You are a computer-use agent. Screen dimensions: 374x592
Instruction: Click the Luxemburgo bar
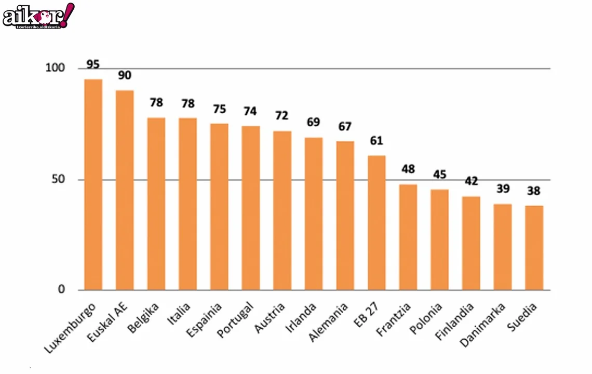tap(93, 184)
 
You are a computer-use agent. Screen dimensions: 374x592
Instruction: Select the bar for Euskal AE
tap(125, 190)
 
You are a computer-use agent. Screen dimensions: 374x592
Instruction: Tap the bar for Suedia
tap(534, 248)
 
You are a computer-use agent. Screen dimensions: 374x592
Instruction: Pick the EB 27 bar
tap(376, 222)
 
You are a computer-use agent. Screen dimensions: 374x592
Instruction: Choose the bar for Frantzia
tap(408, 237)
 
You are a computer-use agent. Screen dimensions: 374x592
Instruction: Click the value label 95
tap(93, 64)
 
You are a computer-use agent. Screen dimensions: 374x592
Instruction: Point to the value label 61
tap(376, 140)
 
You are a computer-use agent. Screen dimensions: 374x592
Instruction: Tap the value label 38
tap(534, 191)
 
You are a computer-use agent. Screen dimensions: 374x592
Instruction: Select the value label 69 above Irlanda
tap(314, 123)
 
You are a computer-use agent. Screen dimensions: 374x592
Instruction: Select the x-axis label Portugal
tap(236, 319)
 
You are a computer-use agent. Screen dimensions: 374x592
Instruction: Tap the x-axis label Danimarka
tap(482, 325)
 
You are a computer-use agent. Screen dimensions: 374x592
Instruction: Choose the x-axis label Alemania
tap(329, 322)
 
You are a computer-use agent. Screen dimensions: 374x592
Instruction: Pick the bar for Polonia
tap(439, 239)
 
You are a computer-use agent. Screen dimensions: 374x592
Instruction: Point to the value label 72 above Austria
tap(282, 115)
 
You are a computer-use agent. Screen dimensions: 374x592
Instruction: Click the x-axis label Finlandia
tap(455, 322)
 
